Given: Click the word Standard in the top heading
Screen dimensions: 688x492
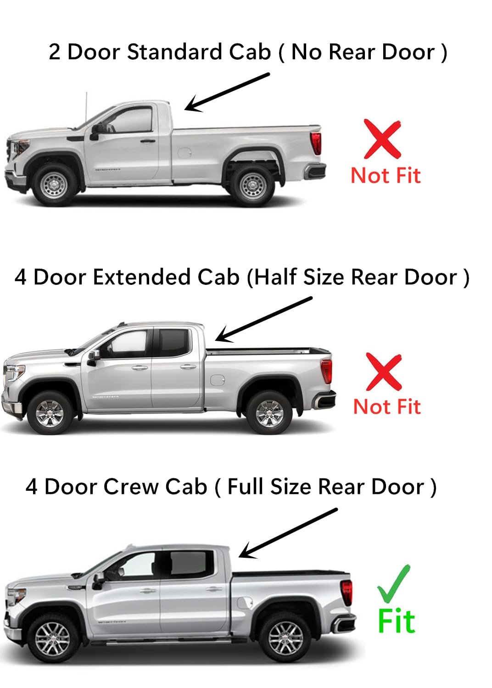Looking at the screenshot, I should pyautogui.click(x=175, y=52).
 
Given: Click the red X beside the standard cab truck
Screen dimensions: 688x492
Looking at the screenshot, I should pyautogui.click(x=382, y=139).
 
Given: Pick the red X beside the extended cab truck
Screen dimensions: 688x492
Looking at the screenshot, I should pyautogui.click(x=384, y=372).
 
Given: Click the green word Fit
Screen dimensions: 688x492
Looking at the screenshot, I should pyautogui.click(x=396, y=621).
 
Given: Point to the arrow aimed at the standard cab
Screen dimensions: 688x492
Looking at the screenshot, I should pyautogui.click(x=227, y=92).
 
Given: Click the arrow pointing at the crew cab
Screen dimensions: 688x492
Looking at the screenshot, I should pyautogui.click(x=288, y=533).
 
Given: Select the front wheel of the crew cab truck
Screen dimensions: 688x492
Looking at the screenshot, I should pyautogui.click(x=52, y=639).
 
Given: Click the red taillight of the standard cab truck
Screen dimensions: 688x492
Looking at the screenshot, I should pyautogui.click(x=316, y=143).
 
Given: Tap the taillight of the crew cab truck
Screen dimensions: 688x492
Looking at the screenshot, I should pyautogui.click(x=347, y=592).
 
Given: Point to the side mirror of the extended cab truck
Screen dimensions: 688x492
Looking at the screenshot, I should pyautogui.click(x=93, y=356).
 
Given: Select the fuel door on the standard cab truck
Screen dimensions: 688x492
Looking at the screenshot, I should pyautogui.click(x=184, y=152).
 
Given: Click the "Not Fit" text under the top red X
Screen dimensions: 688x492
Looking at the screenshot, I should pyautogui.click(x=386, y=176).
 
